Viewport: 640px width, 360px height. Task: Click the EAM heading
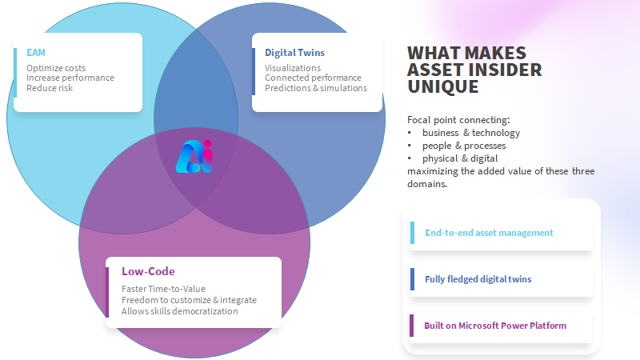[36, 53]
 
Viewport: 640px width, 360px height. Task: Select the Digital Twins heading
[294, 53]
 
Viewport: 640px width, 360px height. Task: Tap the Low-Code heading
[148, 271]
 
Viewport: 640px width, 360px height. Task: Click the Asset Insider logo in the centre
[194, 157]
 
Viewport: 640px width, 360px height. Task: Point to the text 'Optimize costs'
[56, 68]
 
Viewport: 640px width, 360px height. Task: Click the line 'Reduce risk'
[50, 88]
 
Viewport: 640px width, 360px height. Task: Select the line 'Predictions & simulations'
[315, 88]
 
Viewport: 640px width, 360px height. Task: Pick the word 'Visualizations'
[293, 68]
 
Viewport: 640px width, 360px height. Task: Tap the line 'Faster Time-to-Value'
[163, 289]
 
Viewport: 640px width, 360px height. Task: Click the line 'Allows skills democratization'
[179, 311]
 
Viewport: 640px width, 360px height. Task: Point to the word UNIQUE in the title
[443, 87]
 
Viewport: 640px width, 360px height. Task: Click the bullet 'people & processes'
[464, 146]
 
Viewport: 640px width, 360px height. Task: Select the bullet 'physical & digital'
[460, 158]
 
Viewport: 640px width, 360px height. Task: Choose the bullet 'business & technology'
[471, 133]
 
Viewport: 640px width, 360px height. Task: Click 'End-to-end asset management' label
[489, 233]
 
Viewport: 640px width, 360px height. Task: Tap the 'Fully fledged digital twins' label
[478, 279]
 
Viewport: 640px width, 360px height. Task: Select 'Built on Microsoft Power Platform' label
[495, 326]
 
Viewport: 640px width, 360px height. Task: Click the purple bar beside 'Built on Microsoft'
[411, 326]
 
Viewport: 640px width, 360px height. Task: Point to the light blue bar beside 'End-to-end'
[412, 233]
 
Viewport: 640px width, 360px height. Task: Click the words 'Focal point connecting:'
[458, 119]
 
